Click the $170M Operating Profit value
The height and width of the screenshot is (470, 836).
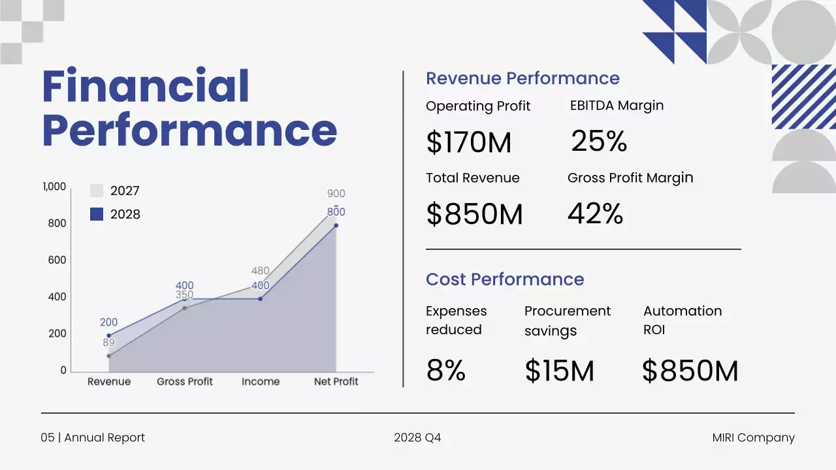(x=468, y=142)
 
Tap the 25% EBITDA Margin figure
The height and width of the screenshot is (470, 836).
(x=599, y=141)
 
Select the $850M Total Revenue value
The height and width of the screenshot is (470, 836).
(x=474, y=214)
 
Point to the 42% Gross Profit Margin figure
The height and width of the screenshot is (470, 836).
(x=595, y=213)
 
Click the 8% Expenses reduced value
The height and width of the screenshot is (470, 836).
(x=445, y=371)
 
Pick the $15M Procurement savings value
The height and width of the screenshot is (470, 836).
(x=559, y=371)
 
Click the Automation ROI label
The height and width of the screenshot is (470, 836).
(x=683, y=320)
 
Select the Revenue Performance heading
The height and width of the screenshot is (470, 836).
(x=522, y=78)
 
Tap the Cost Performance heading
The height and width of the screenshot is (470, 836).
(x=505, y=279)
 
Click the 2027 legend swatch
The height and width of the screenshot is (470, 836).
(x=97, y=191)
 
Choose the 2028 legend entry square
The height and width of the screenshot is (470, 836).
(x=97, y=214)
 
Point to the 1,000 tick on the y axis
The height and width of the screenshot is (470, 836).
(x=54, y=187)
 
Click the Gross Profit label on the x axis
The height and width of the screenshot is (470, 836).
(x=185, y=382)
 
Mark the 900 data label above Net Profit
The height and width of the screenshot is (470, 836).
(x=336, y=193)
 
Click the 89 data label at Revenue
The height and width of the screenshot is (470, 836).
(x=108, y=343)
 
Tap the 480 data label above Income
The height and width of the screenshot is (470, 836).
(x=261, y=271)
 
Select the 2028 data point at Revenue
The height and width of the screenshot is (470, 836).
(x=108, y=336)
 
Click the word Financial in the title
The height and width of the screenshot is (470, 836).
(x=146, y=87)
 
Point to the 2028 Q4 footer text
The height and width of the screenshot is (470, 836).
(x=417, y=438)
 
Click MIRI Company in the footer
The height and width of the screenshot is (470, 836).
(x=753, y=438)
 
